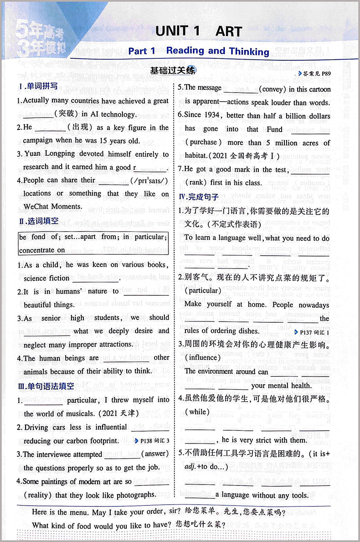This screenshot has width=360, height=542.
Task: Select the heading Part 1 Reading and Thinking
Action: pyautogui.click(x=199, y=51)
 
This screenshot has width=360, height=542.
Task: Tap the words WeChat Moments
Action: pyautogui.click(x=53, y=206)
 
